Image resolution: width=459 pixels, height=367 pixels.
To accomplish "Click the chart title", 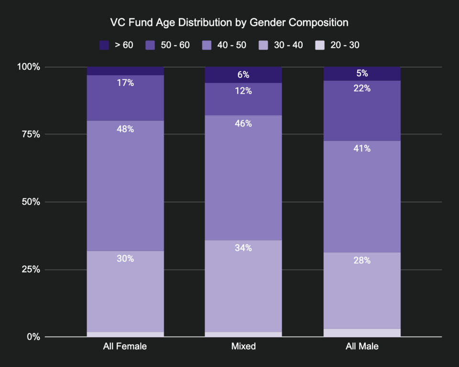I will pyautogui.click(x=229, y=22).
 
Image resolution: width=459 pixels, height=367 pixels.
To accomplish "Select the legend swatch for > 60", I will pyautogui.click(x=104, y=45).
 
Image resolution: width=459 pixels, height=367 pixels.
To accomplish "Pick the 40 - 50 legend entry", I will pyautogui.click(x=225, y=45).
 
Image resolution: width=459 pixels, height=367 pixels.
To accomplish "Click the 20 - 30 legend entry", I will pyautogui.click(x=338, y=45).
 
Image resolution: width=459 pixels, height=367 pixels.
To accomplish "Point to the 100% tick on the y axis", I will pyautogui.click(x=29, y=67).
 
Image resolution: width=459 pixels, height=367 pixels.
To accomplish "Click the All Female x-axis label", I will pyautogui.click(x=125, y=346).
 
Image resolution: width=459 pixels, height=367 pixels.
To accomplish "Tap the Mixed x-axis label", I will pyautogui.click(x=243, y=346).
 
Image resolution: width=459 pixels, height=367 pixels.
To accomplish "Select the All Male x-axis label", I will pyautogui.click(x=362, y=346).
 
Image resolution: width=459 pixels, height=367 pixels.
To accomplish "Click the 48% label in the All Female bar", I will pyautogui.click(x=125, y=129).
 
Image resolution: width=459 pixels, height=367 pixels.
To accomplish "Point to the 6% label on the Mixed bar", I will pyautogui.click(x=243, y=75).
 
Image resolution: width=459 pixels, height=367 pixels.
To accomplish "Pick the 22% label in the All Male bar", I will pyautogui.click(x=362, y=88).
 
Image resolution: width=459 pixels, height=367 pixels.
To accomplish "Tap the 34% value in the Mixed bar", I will pyautogui.click(x=243, y=248).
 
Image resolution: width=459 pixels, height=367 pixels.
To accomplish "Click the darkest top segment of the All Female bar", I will pyautogui.click(x=125, y=71).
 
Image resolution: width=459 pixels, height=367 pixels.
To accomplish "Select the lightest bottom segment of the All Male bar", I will pyautogui.click(x=362, y=333).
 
